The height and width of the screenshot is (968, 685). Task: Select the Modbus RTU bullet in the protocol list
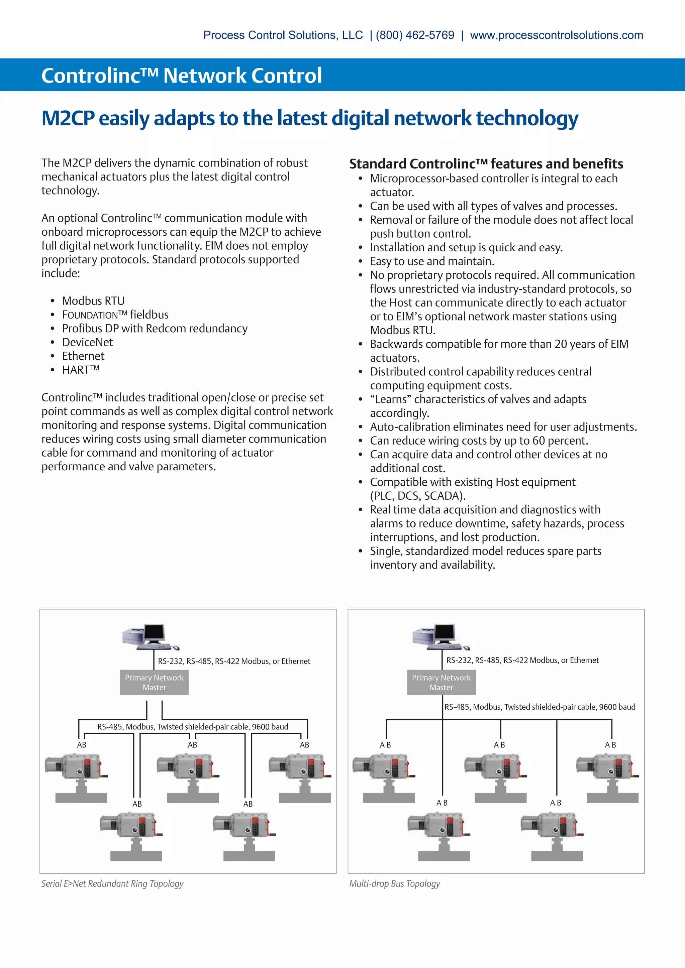93,300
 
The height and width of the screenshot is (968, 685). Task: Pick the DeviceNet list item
87,342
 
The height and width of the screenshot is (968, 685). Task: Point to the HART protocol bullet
80,370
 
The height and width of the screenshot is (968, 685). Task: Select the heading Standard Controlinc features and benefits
486,163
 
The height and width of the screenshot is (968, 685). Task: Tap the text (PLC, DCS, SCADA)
417,495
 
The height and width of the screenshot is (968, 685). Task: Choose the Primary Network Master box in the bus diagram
441,682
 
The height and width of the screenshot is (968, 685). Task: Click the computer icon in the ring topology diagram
150,637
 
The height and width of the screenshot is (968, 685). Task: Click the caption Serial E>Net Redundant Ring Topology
112,883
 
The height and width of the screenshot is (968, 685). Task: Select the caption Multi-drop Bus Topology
394,883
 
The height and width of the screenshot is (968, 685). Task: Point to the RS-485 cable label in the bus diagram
540,707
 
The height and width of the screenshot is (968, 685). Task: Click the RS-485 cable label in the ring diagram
193,726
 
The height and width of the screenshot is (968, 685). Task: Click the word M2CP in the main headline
68,118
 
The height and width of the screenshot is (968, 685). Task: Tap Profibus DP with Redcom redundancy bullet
155,329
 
